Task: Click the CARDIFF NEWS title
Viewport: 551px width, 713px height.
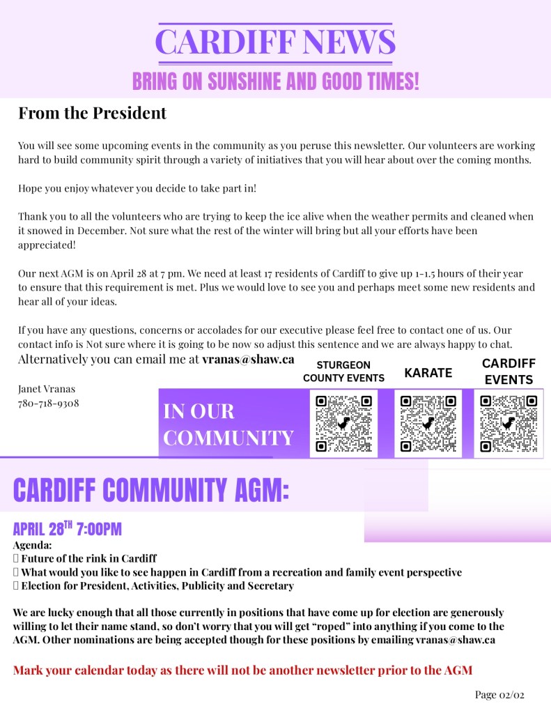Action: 276,42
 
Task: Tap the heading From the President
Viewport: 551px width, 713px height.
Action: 92,113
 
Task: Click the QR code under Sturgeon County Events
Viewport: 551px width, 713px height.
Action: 343,423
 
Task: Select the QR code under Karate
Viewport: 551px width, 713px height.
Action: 428,423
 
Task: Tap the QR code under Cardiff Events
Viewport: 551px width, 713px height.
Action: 509,423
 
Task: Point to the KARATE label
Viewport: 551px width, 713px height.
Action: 428,373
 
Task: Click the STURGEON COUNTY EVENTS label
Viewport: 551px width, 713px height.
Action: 343,371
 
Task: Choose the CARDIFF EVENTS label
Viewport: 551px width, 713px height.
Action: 509,371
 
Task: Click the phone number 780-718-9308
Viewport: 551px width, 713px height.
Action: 49,403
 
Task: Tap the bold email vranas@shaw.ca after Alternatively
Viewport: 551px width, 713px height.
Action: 248,360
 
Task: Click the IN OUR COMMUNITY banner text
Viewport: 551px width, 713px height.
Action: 228,424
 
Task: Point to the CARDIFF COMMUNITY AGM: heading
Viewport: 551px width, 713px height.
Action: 150,490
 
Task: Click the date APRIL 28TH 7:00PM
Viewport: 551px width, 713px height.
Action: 67,528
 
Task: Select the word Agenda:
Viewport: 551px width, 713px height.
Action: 32,545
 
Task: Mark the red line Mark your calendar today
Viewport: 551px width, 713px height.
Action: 242,670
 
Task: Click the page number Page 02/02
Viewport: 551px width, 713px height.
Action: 499,694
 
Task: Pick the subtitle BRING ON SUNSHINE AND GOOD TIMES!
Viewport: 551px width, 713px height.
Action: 276,82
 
